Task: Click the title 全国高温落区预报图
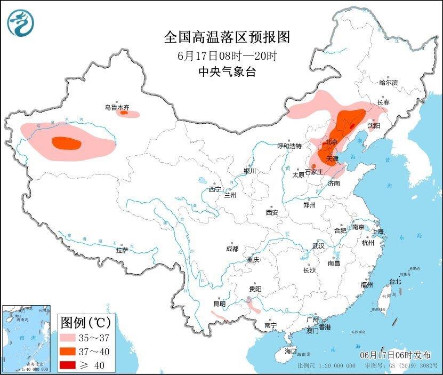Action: coord(227,37)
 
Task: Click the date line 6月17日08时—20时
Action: coord(227,55)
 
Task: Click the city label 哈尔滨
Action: coord(388,83)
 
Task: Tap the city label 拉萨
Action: coord(122,250)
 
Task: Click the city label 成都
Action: coord(232,249)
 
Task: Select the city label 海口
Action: coord(290,352)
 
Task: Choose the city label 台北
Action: coord(394,281)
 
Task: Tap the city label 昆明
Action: coord(219,304)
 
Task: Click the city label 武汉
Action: coord(319,246)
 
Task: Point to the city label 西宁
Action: coord(215,189)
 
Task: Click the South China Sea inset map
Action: coord(27,338)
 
